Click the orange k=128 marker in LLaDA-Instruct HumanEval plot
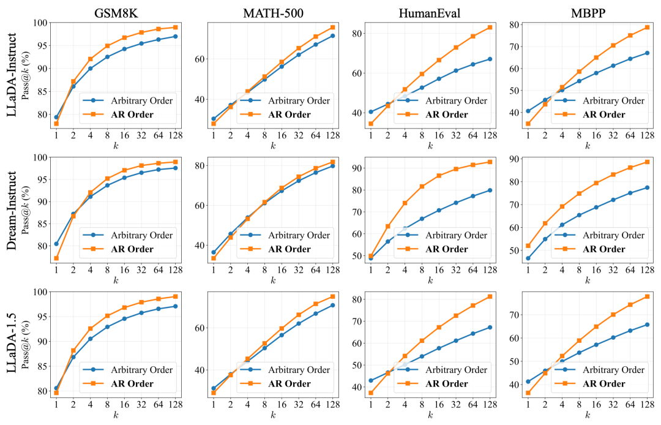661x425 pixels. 490,27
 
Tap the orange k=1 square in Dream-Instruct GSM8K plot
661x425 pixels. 56,258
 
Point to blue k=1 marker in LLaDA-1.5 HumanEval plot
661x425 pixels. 371,380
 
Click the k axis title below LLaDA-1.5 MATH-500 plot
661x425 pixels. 273,416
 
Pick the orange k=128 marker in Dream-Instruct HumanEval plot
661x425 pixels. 490,162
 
